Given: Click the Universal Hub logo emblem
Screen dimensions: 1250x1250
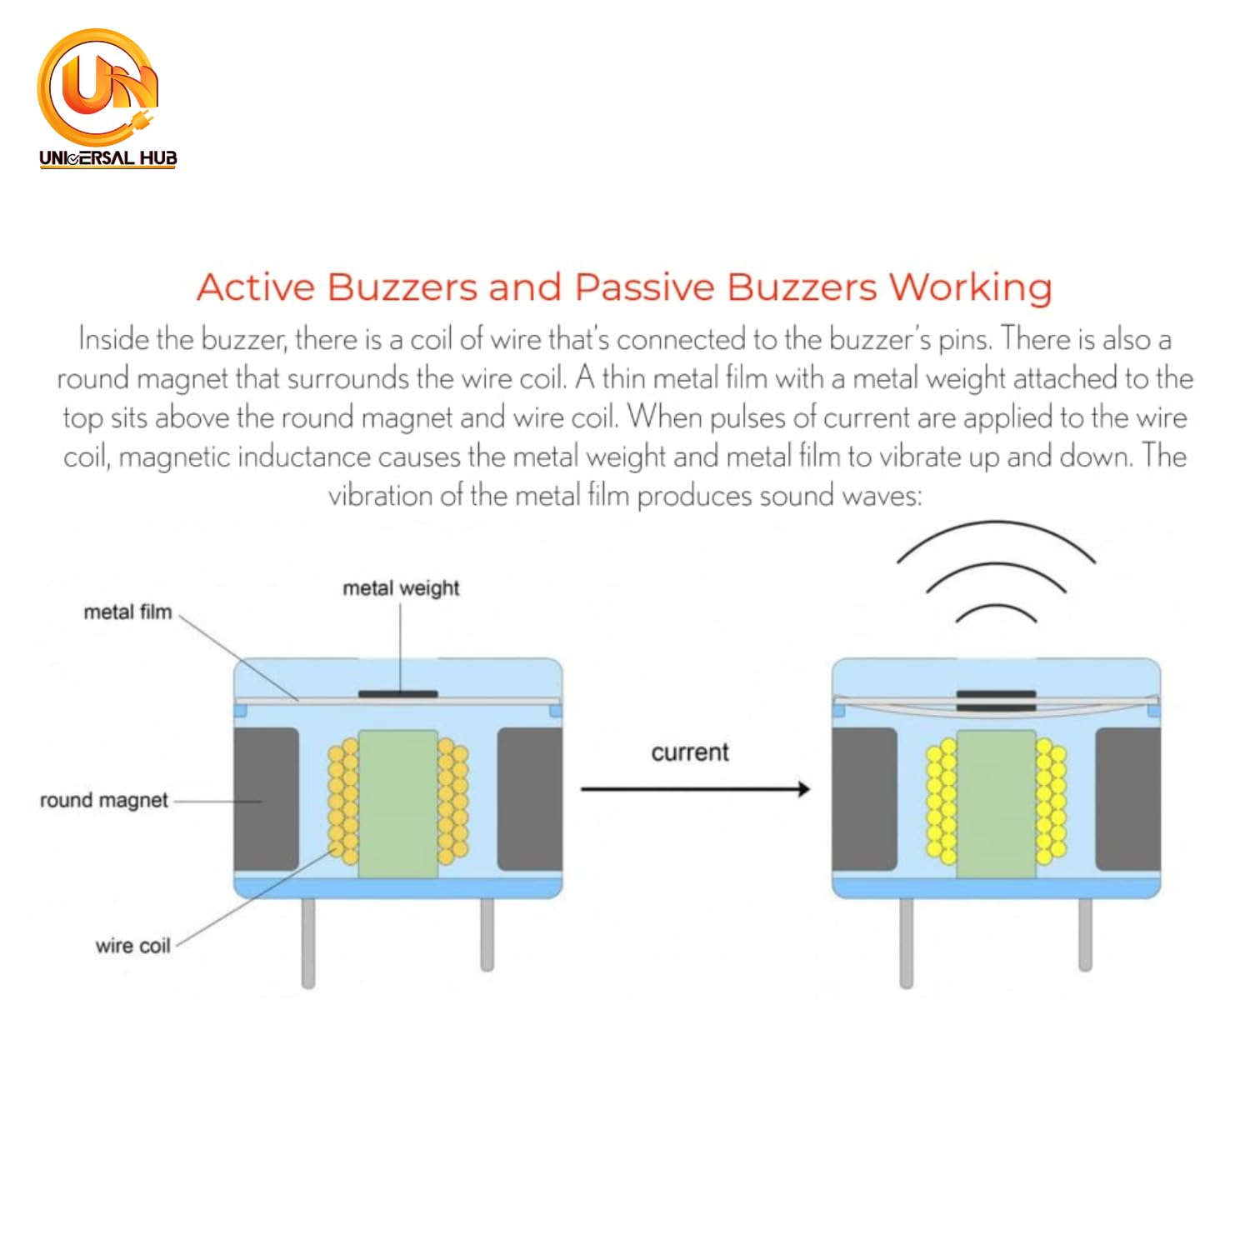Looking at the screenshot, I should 98,87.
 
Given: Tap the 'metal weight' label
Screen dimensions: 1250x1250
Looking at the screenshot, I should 401,588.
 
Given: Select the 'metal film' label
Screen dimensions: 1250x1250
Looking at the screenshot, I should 127,612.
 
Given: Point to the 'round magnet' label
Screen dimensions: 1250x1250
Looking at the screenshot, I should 104,800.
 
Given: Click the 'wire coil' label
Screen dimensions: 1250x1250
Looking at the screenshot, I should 132,946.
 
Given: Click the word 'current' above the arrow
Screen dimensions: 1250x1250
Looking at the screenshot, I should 690,752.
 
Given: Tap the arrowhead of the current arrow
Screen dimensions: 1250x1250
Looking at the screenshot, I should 802,788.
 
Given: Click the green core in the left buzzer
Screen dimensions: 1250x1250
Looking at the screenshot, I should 397,803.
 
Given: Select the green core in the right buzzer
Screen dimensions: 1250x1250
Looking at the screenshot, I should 996,803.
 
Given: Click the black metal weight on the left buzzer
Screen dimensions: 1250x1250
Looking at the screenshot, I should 397,693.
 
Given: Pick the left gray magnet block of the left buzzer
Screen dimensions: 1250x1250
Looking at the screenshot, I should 266,798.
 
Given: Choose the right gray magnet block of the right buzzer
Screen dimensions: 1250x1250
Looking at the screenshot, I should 1127,798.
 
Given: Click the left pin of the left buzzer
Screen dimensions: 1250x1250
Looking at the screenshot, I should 308,942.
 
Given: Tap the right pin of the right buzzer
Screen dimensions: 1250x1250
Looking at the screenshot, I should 1085,933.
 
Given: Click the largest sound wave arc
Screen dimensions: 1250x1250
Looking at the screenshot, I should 996,525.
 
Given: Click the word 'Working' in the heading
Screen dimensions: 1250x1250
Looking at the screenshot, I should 970,287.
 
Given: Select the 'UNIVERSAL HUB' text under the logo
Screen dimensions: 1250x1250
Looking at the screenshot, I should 108,157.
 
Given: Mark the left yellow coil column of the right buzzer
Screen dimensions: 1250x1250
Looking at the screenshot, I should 942,800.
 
